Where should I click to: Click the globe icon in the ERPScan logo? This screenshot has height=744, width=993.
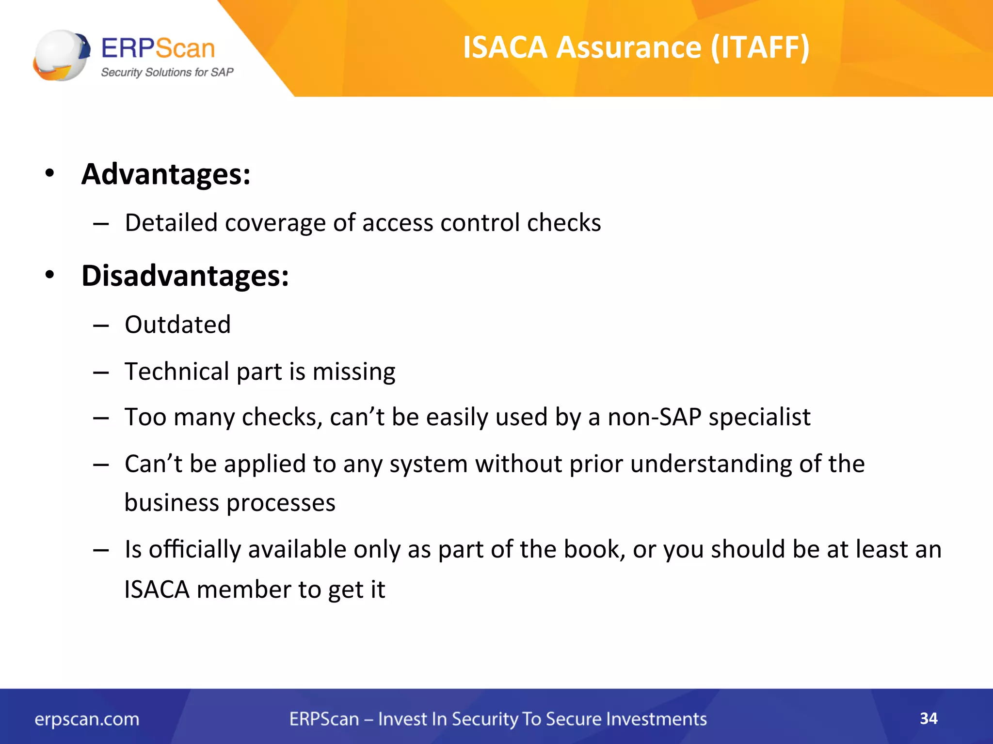click(62, 55)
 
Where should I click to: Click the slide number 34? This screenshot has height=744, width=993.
click(929, 718)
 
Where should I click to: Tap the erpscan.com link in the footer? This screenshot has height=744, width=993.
click(87, 719)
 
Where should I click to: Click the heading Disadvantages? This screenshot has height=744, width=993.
click(185, 276)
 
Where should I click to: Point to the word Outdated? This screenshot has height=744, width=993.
click(177, 324)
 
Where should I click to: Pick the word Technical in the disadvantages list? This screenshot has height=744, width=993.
click(177, 372)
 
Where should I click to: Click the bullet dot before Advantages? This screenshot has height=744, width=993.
click(49, 173)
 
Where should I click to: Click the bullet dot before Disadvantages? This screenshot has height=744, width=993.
click(49, 275)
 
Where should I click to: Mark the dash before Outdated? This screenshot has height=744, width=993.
click(101, 325)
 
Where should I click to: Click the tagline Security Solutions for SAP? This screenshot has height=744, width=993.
click(167, 72)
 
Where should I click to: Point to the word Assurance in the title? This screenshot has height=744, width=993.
click(628, 47)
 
